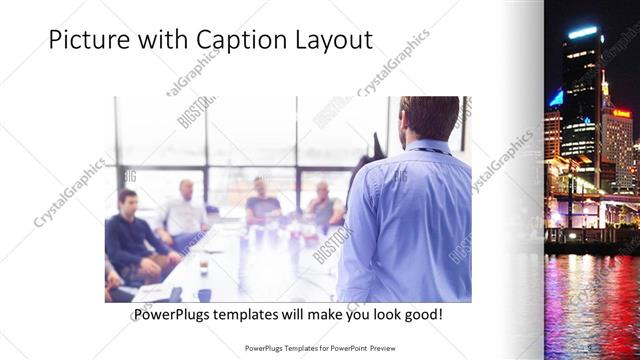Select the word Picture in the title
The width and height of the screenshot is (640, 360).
[89, 40]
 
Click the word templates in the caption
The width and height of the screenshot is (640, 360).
[257, 315]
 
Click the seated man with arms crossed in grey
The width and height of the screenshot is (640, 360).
[324, 206]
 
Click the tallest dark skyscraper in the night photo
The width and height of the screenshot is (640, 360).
[579, 100]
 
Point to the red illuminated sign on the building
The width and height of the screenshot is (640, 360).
[622, 114]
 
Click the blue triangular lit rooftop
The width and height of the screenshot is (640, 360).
[555, 99]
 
